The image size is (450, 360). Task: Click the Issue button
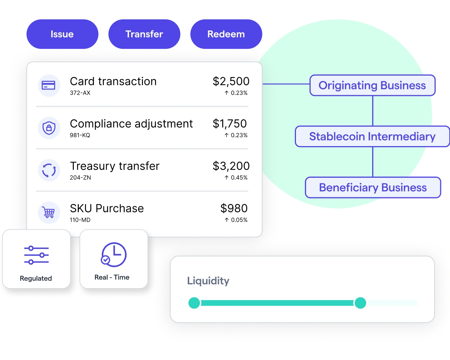[x=62, y=34]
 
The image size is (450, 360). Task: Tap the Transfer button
[x=144, y=34]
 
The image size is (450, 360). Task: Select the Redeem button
[x=226, y=34]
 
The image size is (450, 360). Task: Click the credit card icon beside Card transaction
[x=48, y=85]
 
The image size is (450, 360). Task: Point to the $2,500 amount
[x=231, y=82]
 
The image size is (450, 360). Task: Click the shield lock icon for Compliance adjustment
[x=48, y=128]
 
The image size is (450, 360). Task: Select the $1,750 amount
[x=230, y=124]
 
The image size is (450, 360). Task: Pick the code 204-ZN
[x=80, y=178]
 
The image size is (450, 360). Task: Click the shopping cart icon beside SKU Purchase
[x=48, y=212]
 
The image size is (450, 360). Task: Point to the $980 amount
[x=234, y=208]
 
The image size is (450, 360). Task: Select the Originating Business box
[x=372, y=86]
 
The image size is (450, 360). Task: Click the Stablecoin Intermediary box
[x=372, y=136]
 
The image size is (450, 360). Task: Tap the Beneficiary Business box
[x=373, y=188]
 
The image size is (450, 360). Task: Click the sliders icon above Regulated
[x=36, y=255]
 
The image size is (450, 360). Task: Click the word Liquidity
[x=208, y=281]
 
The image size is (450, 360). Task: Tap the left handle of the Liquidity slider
[x=194, y=303]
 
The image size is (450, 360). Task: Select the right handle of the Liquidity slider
[x=360, y=303]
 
